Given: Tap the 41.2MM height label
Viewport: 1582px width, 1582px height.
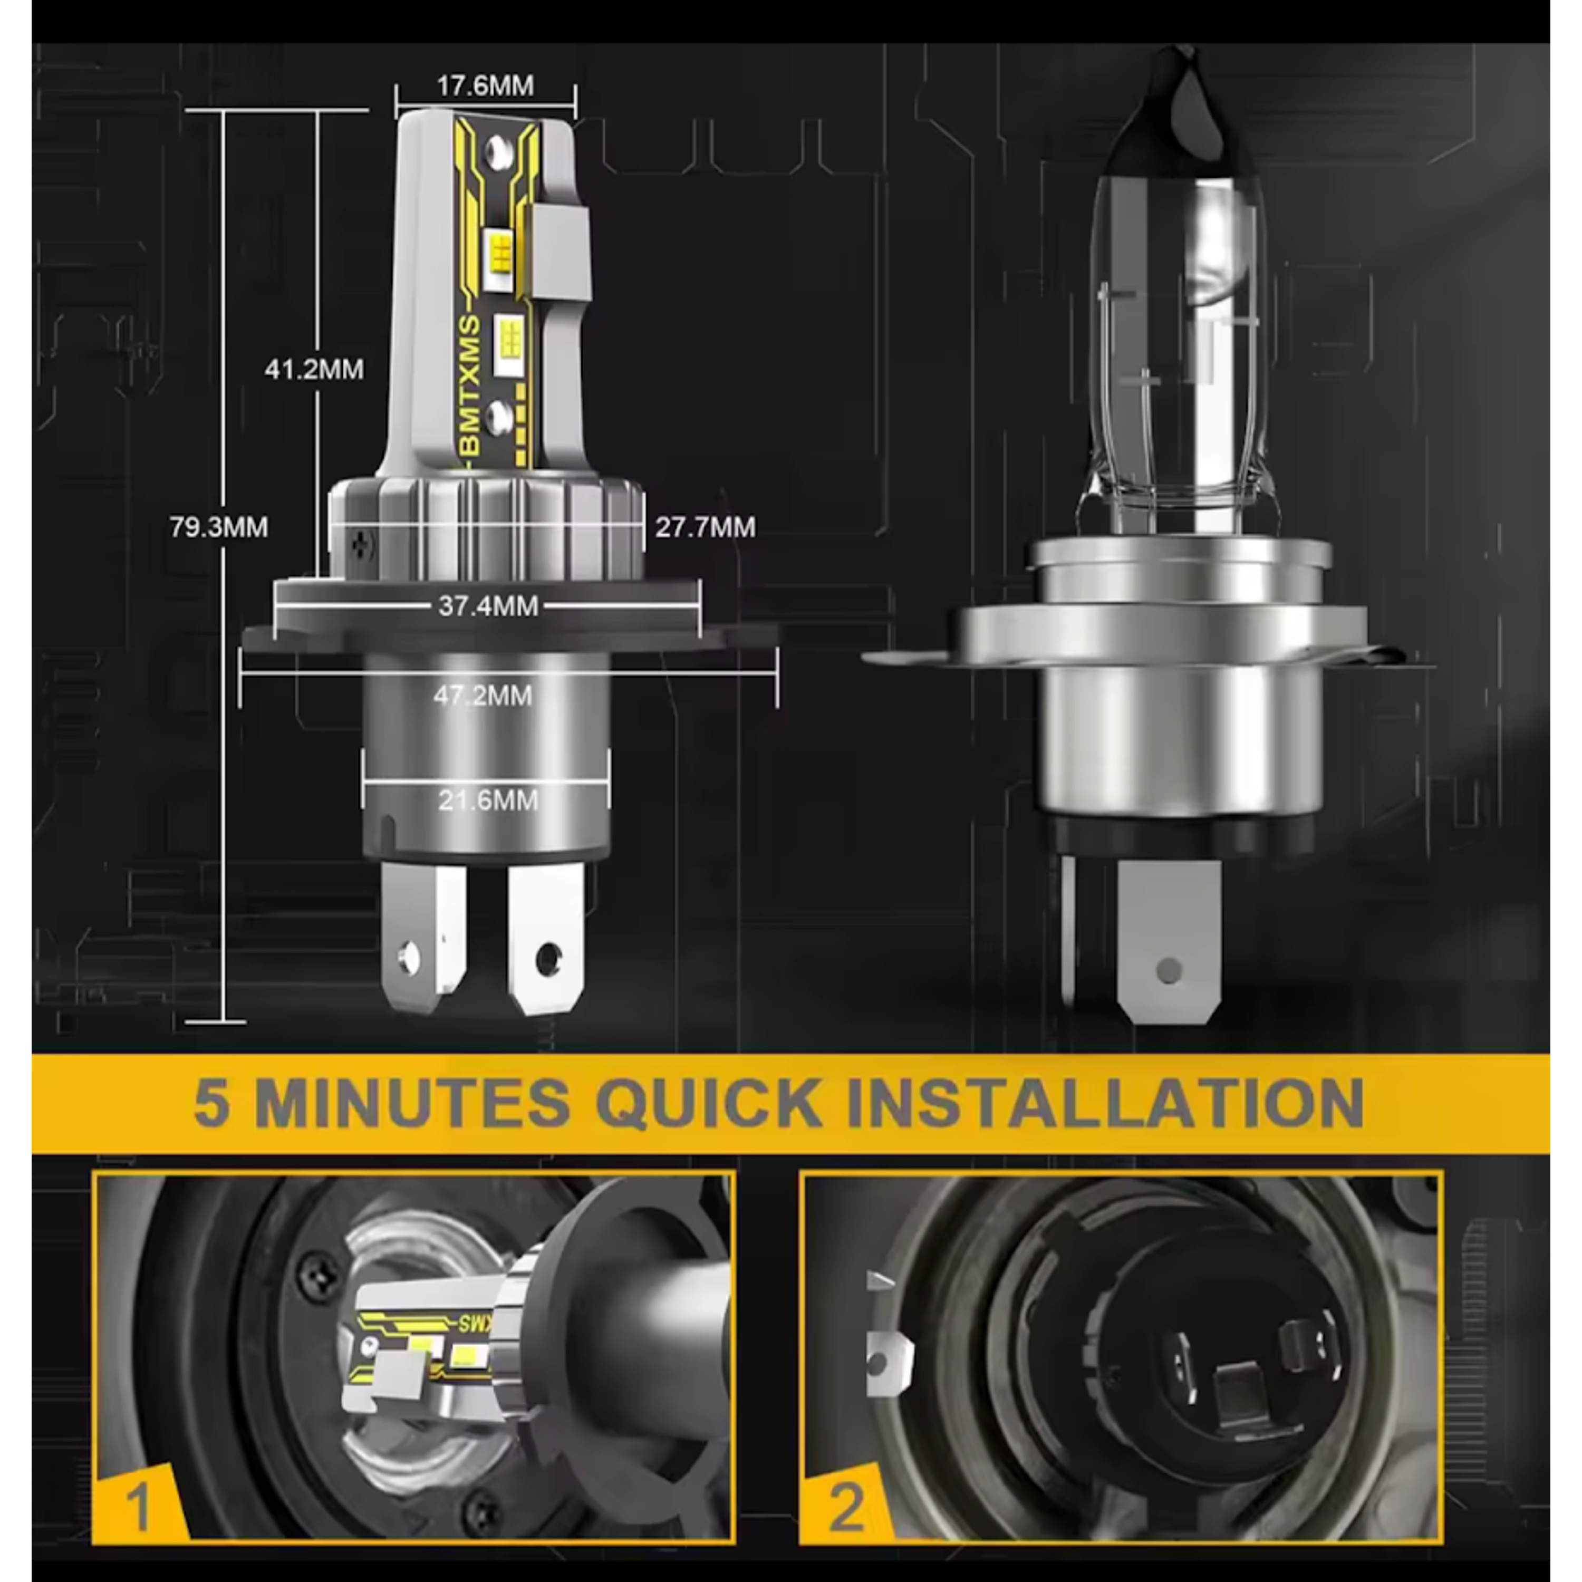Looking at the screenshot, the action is point(314,369).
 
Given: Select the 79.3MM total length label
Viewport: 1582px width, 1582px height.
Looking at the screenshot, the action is point(219,526).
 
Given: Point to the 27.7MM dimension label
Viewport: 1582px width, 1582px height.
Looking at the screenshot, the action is point(705,526).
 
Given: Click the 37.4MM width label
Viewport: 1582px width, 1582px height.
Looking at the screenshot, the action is point(488,606).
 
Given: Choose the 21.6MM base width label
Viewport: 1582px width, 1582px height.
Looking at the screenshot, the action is point(488,800).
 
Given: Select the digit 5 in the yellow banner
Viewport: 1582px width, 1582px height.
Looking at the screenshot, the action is point(211,1103).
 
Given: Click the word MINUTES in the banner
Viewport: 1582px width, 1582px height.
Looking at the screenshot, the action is point(412,1103).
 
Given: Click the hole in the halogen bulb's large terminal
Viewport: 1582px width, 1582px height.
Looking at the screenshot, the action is point(1169,971).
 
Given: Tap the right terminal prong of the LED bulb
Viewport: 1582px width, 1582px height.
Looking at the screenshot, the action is point(546,938).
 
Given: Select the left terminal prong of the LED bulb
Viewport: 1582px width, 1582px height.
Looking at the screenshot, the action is point(422,938).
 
